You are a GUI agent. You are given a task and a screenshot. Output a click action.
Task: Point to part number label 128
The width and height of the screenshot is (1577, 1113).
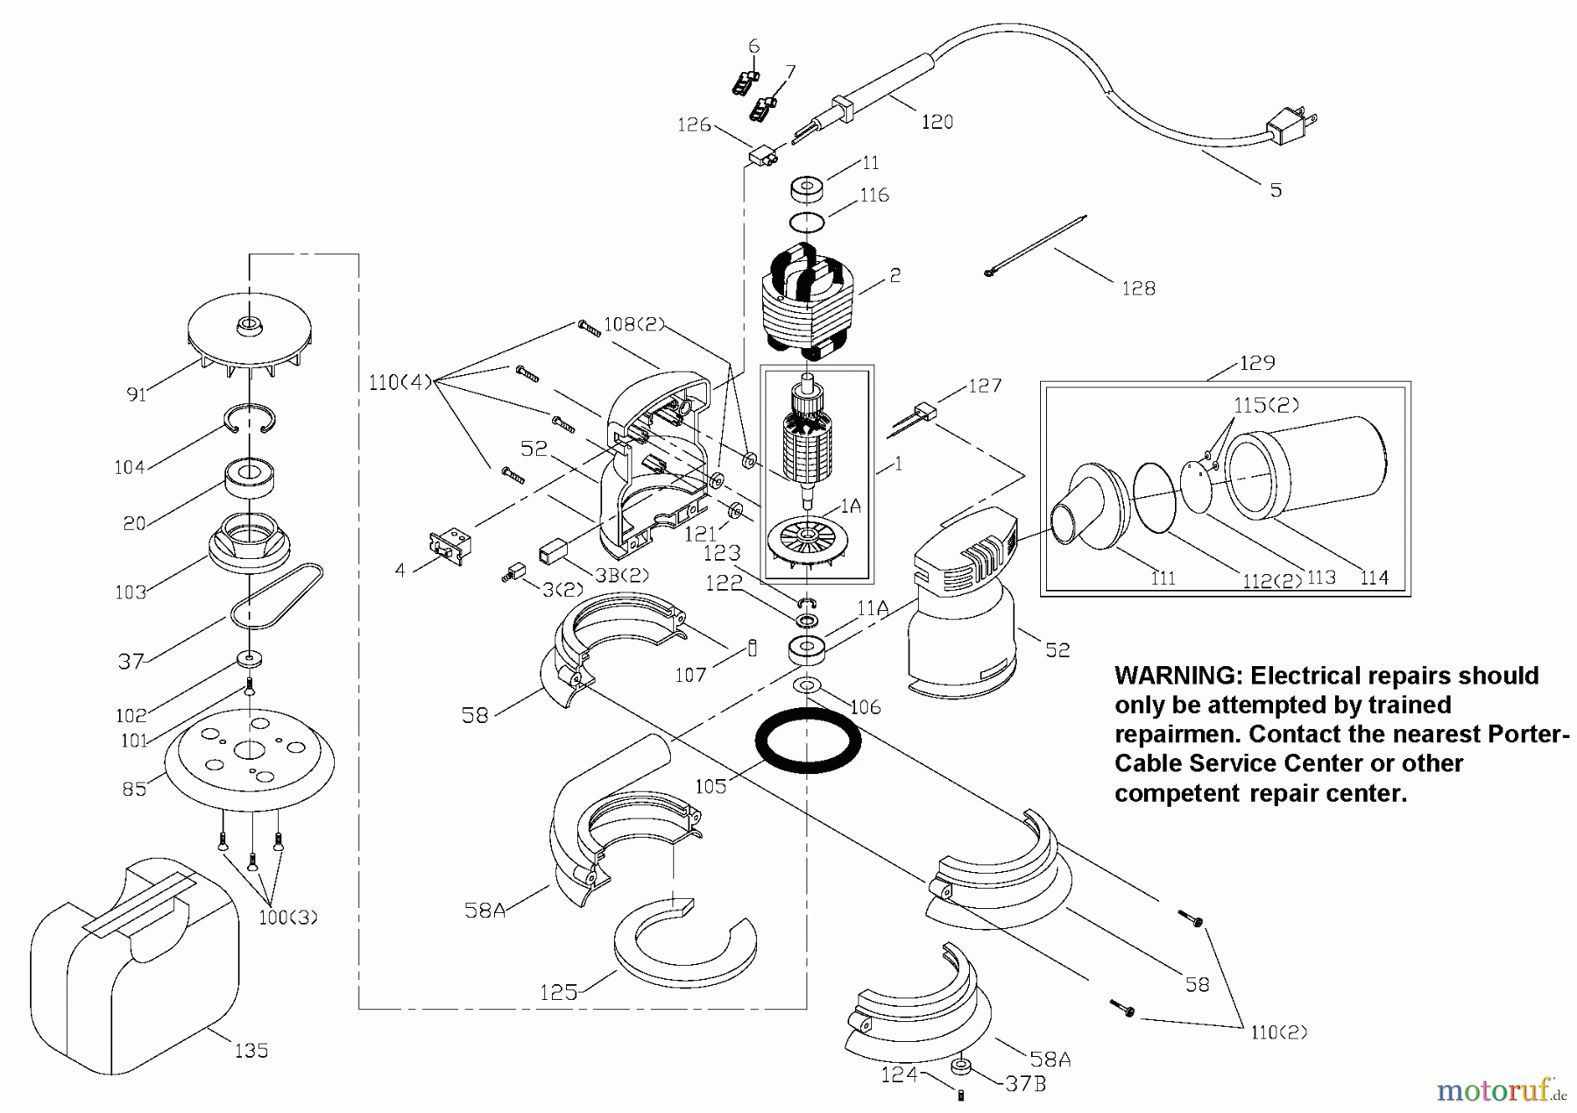[x=1138, y=288]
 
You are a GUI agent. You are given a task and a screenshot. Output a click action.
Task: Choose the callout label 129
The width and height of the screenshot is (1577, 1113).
[x=1257, y=363]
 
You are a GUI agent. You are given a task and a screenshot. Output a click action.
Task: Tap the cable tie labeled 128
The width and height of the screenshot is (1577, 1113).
[x=1035, y=245]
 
